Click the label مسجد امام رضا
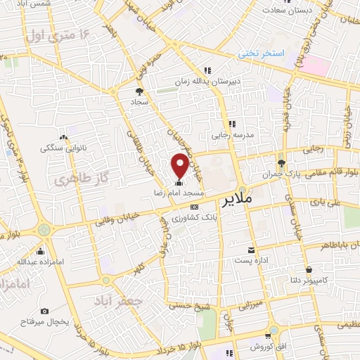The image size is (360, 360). coord(180,192)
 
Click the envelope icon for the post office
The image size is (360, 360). coord(251,250)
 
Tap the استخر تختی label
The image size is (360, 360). coord(259,53)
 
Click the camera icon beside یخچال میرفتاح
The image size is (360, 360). coord(45,310)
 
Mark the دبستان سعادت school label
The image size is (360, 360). coord(288,11)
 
